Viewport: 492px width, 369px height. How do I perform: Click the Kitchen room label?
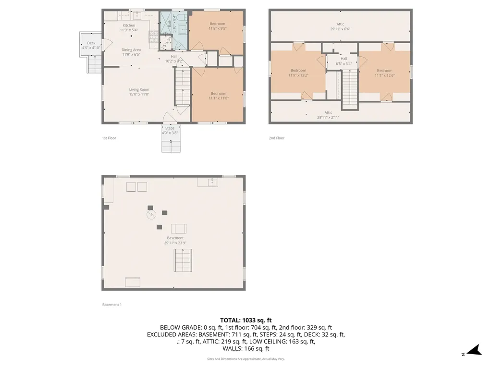[x=129, y=25]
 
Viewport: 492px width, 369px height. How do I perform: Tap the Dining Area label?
[x=131, y=50]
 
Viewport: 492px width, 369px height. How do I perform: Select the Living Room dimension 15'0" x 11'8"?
[x=139, y=94]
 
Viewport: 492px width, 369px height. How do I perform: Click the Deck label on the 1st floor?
[x=91, y=43]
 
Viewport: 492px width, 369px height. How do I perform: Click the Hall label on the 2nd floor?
[x=344, y=59]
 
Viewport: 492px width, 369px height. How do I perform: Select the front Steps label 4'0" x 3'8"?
[x=170, y=128]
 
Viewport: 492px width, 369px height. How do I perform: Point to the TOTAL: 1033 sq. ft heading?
[x=246, y=320]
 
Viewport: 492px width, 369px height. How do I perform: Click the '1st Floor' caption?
[x=109, y=138]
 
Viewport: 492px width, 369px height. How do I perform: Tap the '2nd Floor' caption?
[x=276, y=138]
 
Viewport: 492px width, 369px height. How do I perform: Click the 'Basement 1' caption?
[x=112, y=305]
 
